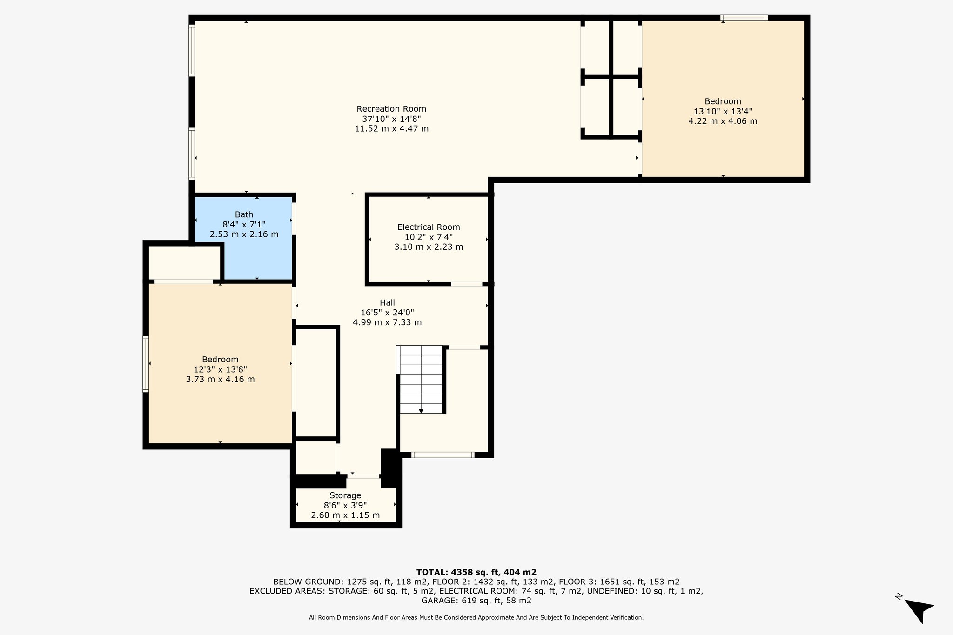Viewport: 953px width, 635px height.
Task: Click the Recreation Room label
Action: coord(391,109)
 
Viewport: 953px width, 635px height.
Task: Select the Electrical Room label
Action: coord(429,227)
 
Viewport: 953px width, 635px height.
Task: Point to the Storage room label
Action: coord(345,495)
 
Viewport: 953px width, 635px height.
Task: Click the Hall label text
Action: coord(387,302)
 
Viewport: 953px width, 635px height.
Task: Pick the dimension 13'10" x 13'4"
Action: coord(723,111)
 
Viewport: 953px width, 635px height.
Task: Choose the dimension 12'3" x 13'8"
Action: coord(220,369)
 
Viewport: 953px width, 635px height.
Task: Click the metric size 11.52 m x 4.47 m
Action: coord(391,128)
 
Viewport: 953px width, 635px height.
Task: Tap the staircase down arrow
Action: coord(421,411)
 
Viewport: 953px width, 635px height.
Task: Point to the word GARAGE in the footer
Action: coord(439,601)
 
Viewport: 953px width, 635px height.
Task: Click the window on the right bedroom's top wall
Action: coord(744,18)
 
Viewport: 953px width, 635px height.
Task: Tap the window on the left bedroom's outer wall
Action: coord(146,364)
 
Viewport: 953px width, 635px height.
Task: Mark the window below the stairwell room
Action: coord(443,455)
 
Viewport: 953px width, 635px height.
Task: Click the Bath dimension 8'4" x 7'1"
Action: coord(244,224)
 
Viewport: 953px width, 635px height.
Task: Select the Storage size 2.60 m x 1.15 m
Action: coord(345,515)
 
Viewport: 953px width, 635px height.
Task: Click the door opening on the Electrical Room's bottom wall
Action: coord(466,284)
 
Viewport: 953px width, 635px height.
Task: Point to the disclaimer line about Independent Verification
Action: coord(476,618)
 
